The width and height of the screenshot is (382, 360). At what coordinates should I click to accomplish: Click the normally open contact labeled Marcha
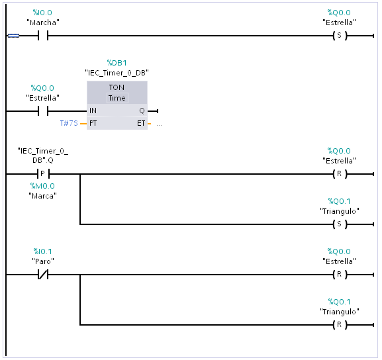[x=43, y=36]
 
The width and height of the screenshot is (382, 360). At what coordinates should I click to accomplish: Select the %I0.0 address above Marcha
[x=42, y=13]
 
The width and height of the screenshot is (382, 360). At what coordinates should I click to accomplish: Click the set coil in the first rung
[x=340, y=36]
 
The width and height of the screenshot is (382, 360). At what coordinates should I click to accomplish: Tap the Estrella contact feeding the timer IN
[x=43, y=111]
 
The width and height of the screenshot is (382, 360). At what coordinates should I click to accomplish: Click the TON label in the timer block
[x=117, y=87]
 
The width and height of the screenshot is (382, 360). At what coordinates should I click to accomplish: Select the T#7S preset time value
[x=69, y=123]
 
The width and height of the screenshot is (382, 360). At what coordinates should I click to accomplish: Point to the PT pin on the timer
[x=93, y=123]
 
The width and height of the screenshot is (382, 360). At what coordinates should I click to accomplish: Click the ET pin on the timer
[x=141, y=123]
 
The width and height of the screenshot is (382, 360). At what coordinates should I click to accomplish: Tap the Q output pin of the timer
[x=142, y=111]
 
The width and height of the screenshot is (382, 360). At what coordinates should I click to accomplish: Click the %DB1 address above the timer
[x=117, y=63]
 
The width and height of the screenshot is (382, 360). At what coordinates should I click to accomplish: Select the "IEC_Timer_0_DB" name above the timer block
[x=117, y=73]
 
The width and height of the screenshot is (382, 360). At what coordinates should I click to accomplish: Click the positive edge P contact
[x=44, y=174]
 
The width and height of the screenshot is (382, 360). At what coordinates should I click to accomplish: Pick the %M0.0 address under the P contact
[x=42, y=186]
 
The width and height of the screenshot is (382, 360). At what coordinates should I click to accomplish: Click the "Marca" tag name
[x=42, y=196]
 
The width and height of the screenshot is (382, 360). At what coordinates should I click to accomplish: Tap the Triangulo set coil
[x=340, y=224]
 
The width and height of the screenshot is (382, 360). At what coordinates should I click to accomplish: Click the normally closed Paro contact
[x=43, y=275]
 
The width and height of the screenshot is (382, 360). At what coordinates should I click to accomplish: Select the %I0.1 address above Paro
[x=42, y=251]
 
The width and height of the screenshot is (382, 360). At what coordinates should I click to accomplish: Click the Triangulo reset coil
[x=340, y=325]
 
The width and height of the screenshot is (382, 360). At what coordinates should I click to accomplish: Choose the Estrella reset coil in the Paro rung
[x=340, y=275]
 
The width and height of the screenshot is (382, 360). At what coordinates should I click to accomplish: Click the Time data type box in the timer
[x=117, y=98]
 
